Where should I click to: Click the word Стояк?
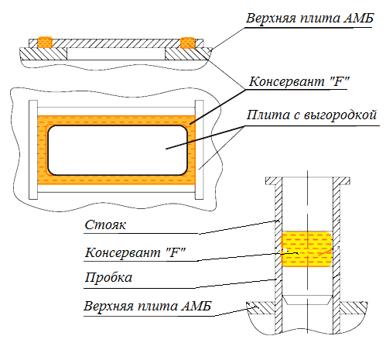coord(105,225)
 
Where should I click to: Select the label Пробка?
coord(108,278)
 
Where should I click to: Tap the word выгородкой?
coord(340,115)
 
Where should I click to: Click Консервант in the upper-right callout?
coord(286,82)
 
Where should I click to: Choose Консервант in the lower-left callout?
coord(123,252)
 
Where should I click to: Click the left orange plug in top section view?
coord(45,43)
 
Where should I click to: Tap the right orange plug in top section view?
coord(187,43)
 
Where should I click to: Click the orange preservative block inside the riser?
coord(306,249)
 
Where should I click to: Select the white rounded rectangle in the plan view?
coord(118,150)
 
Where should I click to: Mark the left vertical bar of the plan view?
coord(33,149)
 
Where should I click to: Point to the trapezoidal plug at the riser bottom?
coord(307,300)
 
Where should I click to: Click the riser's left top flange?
coord(274,180)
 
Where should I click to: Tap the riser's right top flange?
coord(341,180)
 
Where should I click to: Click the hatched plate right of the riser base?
coord(354,308)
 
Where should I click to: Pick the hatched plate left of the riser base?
coord(261,308)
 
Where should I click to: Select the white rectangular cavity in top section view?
coord(116,53)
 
